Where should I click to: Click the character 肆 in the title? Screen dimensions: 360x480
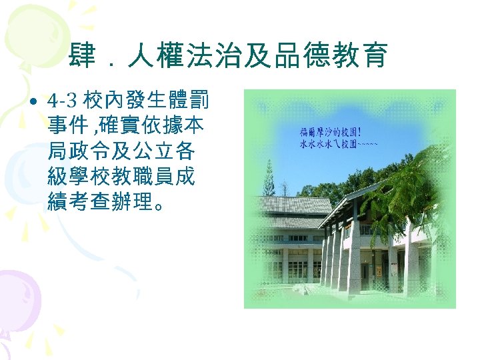click(82, 57)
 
